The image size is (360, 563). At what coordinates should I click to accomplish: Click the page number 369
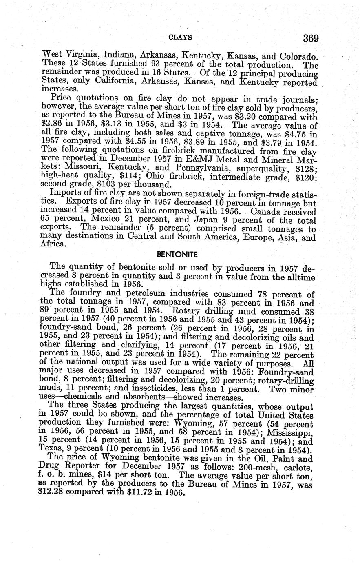(x=310, y=39)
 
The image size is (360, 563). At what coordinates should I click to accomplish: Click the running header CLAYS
(x=180, y=37)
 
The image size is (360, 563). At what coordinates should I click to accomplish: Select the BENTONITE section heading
(x=177, y=254)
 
